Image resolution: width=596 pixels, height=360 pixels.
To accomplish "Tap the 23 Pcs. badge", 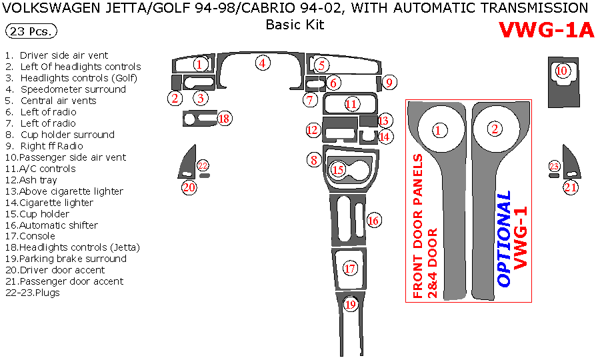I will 31,31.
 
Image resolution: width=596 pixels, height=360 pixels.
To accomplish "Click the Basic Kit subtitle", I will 295,25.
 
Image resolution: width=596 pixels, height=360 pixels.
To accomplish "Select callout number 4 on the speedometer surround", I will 263,63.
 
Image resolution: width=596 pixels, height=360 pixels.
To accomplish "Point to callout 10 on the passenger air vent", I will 562,71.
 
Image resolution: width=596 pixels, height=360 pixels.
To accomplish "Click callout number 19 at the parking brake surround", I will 351,305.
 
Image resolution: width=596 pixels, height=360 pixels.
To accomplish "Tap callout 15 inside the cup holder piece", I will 338,170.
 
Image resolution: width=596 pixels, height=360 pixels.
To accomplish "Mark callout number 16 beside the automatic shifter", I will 373,220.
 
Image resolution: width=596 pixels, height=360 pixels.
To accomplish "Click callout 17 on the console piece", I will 350,269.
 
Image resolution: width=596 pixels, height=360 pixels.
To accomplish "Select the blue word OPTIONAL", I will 504,239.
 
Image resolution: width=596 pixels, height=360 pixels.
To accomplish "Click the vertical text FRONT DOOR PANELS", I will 418,227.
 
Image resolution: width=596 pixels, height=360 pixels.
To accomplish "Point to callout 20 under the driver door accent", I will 189,188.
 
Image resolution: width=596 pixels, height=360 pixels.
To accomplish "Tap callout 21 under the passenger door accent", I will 571,188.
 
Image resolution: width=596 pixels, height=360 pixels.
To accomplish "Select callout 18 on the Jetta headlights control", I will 224,119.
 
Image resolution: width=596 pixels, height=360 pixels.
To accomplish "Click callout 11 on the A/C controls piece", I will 351,103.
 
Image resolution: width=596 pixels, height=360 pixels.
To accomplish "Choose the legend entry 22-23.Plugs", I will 31,293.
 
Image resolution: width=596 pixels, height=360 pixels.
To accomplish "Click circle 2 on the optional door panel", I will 494,129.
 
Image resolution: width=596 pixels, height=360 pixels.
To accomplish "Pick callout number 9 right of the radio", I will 390,83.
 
